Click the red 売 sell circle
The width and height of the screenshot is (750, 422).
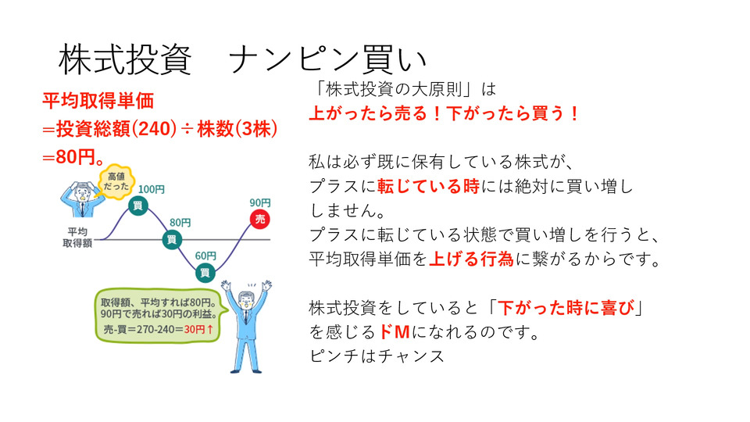coord(260,219)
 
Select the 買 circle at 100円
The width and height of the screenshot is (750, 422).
coord(137,206)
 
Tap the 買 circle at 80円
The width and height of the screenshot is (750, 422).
coord(172,239)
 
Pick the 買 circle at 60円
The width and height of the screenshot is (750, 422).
coord(205,273)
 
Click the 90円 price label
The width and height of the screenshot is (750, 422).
coord(260,203)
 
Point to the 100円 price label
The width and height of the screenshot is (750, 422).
coord(151,189)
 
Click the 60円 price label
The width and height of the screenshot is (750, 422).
coord(205,256)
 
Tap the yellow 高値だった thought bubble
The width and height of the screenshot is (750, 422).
coord(116,182)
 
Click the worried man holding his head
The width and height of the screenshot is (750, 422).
coord(80,199)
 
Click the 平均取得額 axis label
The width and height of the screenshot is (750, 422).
coord(77,238)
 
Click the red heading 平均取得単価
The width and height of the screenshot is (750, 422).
coord(98,101)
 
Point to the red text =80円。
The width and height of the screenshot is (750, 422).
coord(73,157)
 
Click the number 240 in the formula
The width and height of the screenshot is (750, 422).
coord(153,129)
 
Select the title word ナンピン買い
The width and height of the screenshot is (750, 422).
coord(327,60)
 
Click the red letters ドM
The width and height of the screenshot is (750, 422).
coord(394,331)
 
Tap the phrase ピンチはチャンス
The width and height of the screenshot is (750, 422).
coord(377,356)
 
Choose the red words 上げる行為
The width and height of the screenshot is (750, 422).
coord(471,259)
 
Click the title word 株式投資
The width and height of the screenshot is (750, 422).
coord(125,60)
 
